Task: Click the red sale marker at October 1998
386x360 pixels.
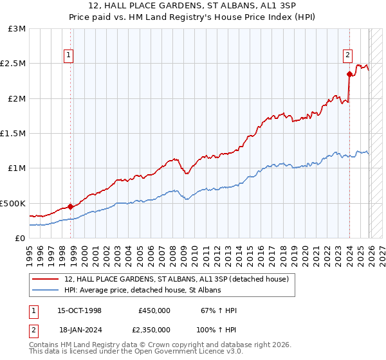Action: [x=70, y=206]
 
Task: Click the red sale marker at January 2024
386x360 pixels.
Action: [x=349, y=74]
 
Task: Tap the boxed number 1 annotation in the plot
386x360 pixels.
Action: [x=68, y=55]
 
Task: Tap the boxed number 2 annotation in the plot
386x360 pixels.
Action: [x=347, y=55]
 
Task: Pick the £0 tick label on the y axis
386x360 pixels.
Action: [x=19, y=238]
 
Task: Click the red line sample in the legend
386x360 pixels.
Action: [x=46, y=280]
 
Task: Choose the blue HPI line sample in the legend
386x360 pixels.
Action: [x=46, y=291]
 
